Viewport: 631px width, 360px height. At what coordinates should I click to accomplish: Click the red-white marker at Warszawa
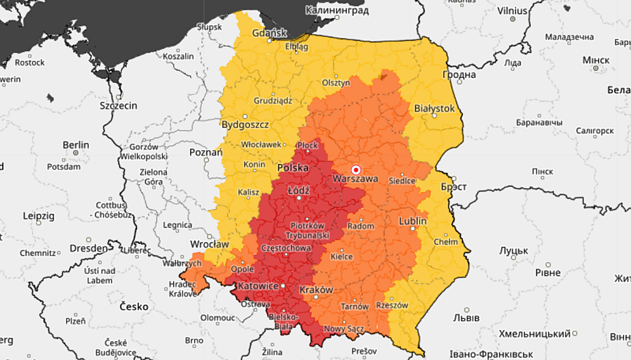pyautogui.click(x=356, y=170)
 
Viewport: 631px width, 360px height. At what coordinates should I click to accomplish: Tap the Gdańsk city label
pyautogui.click(x=270, y=34)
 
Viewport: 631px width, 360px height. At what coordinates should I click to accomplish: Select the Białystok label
pyautogui.click(x=434, y=109)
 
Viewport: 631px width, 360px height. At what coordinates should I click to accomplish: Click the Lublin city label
pyautogui.click(x=412, y=221)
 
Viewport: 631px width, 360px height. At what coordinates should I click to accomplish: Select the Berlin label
pyautogui.click(x=76, y=145)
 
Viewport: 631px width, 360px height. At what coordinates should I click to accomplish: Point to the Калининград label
pyautogui.click(x=337, y=10)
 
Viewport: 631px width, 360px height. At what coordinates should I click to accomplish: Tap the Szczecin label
pyautogui.click(x=119, y=105)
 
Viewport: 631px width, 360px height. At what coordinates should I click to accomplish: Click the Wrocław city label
pyautogui.click(x=209, y=244)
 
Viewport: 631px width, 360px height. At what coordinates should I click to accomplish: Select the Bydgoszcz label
pyautogui.click(x=245, y=125)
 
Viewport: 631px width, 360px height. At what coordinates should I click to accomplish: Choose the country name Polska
pyautogui.click(x=293, y=168)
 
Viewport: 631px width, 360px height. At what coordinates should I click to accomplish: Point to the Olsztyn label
pyautogui.click(x=336, y=83)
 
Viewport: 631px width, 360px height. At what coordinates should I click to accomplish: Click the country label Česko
pyautogui.click(x=134, y=307)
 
